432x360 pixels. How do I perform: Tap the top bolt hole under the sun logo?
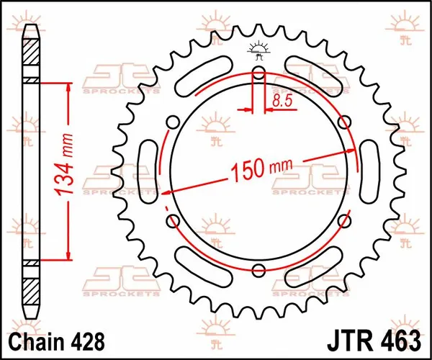click(x=258, y=71)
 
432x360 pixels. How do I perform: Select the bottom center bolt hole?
click(x=258, y=271)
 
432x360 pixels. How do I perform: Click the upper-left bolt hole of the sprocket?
click(x=171, y=121)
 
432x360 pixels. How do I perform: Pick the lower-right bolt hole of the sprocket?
click(x=346, y=220)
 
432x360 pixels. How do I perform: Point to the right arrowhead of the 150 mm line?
click(x=352, y=151)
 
